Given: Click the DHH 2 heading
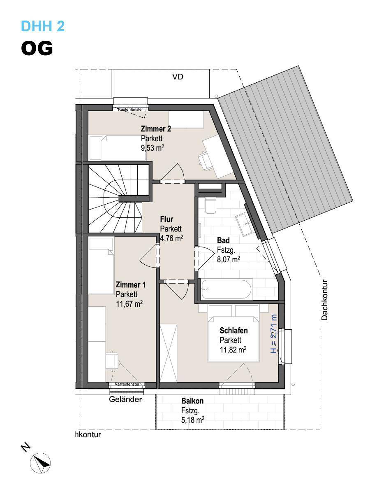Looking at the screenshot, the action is click(43, 26).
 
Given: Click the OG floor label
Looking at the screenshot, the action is click(37, 48).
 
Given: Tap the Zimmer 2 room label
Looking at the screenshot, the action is click(156, 129).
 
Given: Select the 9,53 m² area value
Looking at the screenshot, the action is click(152, 148).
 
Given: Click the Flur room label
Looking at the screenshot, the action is click(166, 219).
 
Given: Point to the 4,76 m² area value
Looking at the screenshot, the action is click(171, 238).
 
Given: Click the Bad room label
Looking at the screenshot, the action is click(223, 240).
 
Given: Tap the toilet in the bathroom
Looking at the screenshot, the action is click(210, 206).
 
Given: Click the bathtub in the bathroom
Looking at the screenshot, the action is click(226, 289).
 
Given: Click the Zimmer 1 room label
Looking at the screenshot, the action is click(130, 285).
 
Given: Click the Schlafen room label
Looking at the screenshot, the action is click(234, 331).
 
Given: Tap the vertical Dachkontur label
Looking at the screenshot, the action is click(324, 300).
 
